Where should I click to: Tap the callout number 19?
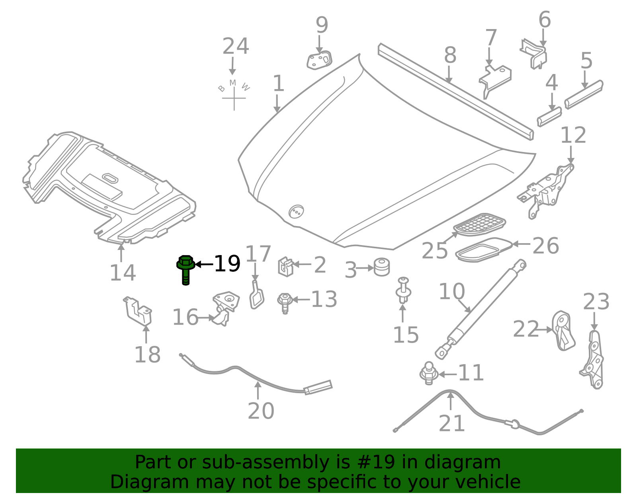pyautogui.click(x=227, y=263)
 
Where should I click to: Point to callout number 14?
pyautogui.click(x=123, y=273)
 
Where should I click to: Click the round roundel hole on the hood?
pyautogui.click(x=296, y=211)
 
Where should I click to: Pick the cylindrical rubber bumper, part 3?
pyautogui.click(x=382, y=267)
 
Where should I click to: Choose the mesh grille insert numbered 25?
pyautogui.click(x=479, y=224)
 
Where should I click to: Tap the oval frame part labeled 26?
pyautogui.click(x=483, y=250)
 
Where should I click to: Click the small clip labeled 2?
pyautogui.click(x=285, y=266)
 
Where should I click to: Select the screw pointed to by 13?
pyautogui.click(x=285, y=302)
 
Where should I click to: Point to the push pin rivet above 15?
pyautogui.click(x=403, y=290)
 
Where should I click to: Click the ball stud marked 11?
pyautogui.click(x=428, y=374)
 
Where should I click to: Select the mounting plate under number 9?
pyautogui.click(x=319, y=60)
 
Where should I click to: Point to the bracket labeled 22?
pyautogui.click(x=563, y=331)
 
